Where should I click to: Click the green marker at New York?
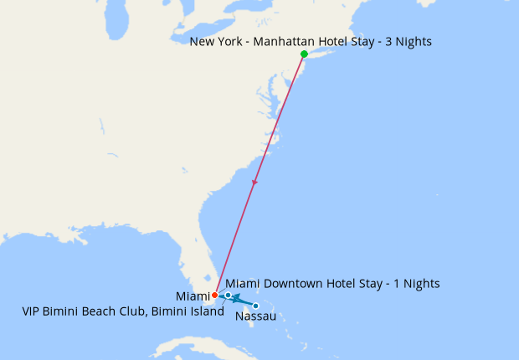click(x=304, y=54)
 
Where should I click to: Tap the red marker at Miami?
click(x=215, y=295)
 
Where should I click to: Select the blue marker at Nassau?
click(x=255, y=306)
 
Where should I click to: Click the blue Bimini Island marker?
click(x=228, y=296)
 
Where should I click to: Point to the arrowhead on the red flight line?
click(x=254, y=183)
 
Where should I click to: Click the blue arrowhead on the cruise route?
click(x=236, y=297)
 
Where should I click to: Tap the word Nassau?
click(x=256, y=316)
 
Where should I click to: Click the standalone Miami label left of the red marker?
click(x=193, y=296)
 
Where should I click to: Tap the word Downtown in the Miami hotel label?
click(x=293, y=284)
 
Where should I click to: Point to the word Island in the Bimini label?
click(x=206, y=312)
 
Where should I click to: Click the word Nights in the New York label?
click(x=413, y=41)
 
